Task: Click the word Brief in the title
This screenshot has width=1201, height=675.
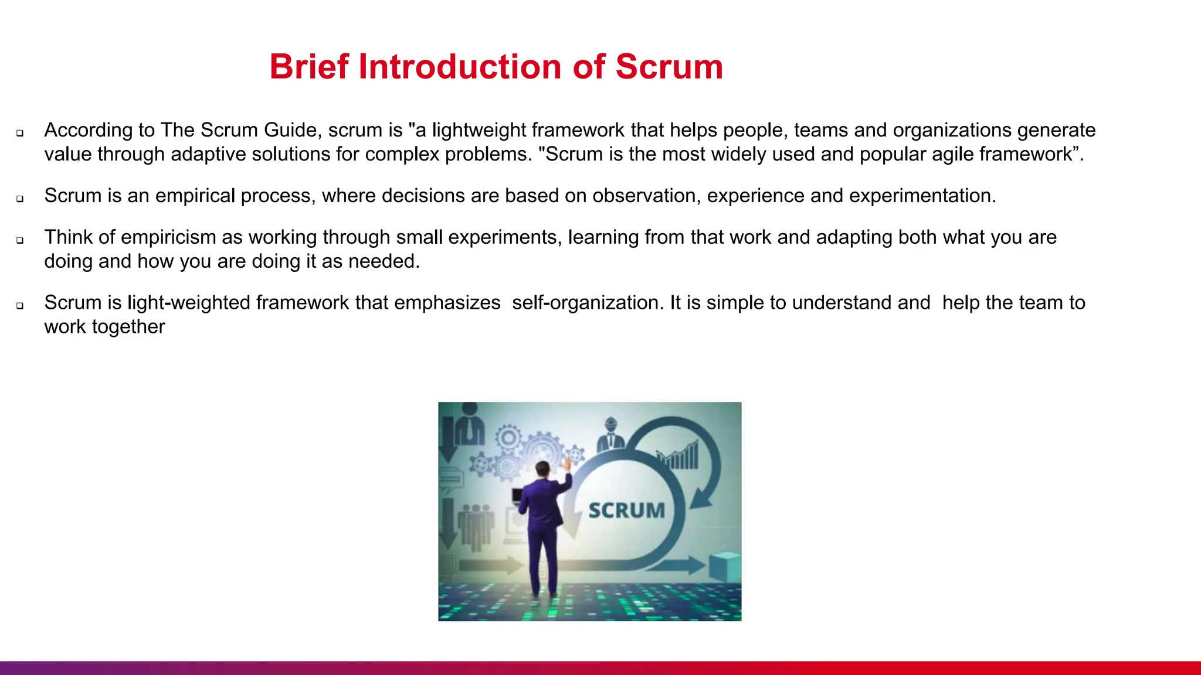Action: point(309,67)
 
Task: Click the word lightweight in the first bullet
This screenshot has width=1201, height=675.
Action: point(479,130)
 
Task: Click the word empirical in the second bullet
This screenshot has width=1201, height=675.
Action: point(195,196)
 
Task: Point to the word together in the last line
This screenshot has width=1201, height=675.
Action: point(128,327)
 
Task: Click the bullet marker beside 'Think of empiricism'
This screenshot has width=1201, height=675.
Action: point(20,240)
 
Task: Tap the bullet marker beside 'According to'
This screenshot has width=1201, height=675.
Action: point(20,133)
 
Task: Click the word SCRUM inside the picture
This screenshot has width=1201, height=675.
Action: point(626,510)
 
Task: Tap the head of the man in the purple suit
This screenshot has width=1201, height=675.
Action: point(542,469)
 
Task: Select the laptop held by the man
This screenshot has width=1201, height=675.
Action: point(517,496)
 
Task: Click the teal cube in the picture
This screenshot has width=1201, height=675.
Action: point(725,567)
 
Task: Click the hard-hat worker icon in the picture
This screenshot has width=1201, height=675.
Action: point(610,435)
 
